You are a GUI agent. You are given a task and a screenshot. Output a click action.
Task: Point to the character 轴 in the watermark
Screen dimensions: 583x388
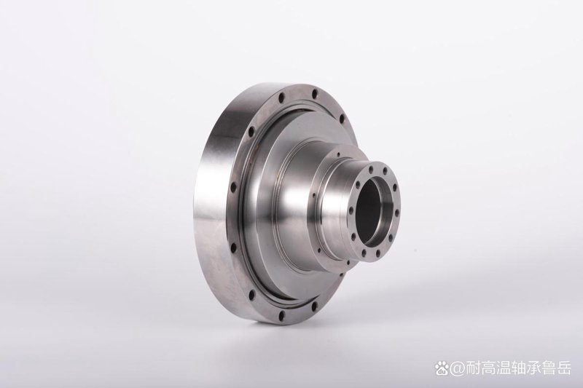click(x=516, y=369)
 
